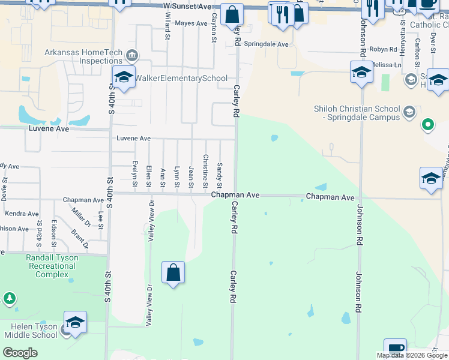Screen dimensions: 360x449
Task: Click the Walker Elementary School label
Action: (181, 79)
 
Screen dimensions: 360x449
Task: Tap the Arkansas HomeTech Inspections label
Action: (83, 56)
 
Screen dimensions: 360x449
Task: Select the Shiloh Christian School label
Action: (357, 113)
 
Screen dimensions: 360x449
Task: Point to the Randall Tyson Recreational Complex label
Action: (52, 266)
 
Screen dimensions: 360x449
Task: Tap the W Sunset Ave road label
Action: (188, 6)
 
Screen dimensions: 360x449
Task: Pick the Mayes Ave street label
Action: (191, 23)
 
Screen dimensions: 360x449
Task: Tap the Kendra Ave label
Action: (22, 214)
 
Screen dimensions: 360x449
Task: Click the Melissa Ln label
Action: (382, 64)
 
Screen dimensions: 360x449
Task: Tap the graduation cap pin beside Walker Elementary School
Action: (124, 78)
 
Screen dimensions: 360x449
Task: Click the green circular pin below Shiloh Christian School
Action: (427, 125)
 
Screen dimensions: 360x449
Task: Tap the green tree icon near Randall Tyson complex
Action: (9, 298)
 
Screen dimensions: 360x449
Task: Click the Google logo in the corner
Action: (20, 352)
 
